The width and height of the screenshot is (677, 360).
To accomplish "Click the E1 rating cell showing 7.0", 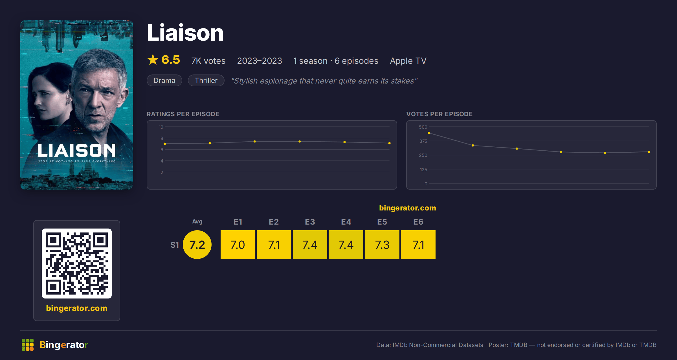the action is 238,245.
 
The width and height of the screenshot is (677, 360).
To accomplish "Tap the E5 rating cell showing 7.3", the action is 382,245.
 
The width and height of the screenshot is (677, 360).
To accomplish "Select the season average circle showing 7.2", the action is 197,245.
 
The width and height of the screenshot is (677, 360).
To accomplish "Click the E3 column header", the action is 310,222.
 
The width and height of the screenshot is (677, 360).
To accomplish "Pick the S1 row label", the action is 175,245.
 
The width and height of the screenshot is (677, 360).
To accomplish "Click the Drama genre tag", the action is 164,80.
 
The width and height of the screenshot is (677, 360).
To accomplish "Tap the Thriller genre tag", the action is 206,80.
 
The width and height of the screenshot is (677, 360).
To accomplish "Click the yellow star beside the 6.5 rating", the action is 153,60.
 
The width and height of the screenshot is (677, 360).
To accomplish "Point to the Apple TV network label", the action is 408,61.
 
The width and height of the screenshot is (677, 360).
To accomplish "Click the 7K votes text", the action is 208,61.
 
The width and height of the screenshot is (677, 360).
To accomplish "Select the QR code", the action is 77,264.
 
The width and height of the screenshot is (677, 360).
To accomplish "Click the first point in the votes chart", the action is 429,133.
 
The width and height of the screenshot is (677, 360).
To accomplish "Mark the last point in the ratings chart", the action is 390,143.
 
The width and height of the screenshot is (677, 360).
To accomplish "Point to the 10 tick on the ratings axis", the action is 161,127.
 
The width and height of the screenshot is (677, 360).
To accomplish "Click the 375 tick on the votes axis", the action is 423,141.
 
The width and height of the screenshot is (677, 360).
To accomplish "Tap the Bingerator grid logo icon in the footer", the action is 28,345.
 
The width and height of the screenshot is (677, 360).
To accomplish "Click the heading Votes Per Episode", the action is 439,114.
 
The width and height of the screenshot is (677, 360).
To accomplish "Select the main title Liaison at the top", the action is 185,33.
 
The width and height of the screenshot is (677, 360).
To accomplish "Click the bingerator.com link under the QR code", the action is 77,308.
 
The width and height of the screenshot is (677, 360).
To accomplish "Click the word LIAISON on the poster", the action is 77,150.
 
